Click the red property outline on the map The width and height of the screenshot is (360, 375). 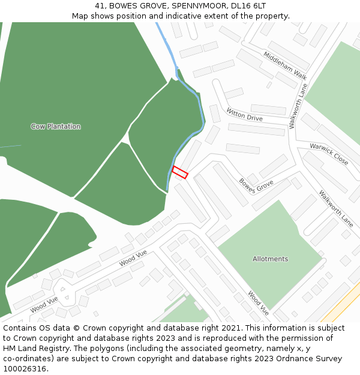180,172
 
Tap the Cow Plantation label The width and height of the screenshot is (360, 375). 56,127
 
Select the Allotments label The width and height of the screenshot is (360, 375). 270,259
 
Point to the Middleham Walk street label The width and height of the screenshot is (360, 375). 285,65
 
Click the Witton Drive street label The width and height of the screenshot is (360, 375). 244,114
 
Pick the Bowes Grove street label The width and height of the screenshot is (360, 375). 256,186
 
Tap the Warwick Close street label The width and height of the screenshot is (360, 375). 329,154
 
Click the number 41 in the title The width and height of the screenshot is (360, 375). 100,6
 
